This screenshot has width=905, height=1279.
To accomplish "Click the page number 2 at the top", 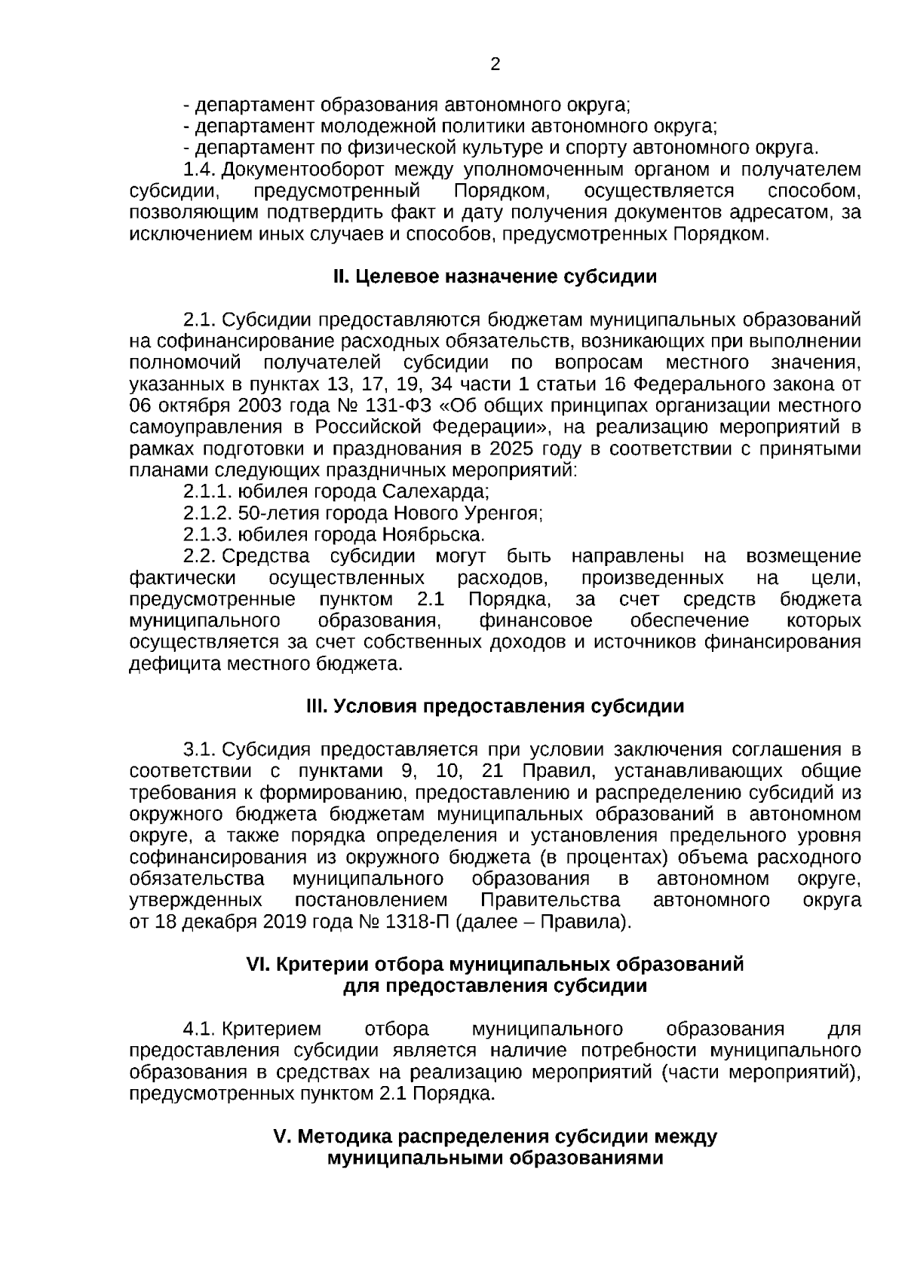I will coord(495,65).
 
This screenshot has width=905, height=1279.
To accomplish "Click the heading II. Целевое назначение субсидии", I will coord(495,277).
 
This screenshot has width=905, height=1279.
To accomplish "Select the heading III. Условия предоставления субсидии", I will coord(495,706).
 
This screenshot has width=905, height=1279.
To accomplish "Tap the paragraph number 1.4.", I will coord(200,170).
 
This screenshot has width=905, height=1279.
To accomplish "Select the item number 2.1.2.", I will coord(207,514).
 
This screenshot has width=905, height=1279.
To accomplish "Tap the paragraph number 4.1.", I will coord(200,1030).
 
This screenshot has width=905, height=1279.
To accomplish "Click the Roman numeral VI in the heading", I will coord(259,965).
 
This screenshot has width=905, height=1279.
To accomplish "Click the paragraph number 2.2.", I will coord(200,557).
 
